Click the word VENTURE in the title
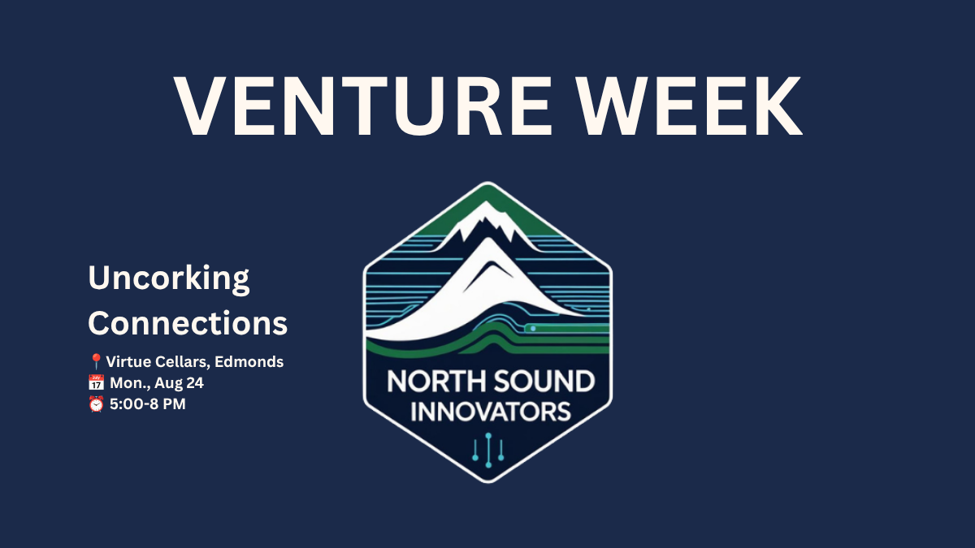coord(362,106)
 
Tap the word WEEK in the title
coord(689,106)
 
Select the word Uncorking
coord(169,278)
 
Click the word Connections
coord(188,323)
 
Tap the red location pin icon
coord(95,361)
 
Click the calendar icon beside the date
coord(96,382)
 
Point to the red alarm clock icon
coord(96,404)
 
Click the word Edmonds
coord(249,362)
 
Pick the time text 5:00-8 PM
coord(148,404)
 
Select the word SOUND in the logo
coord(544,382)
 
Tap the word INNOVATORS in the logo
coord(491,412)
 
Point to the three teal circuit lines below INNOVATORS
coord(488,450)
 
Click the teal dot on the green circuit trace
coord(533,328)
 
